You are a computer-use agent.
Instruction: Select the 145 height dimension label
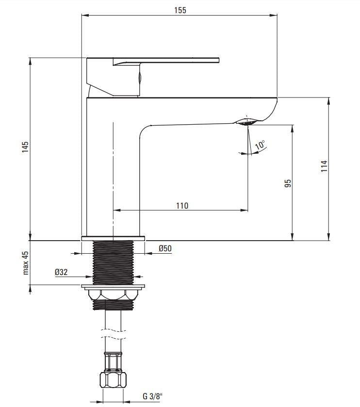click(x=25, y=147)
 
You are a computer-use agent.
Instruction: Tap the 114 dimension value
click(x=324, y=166)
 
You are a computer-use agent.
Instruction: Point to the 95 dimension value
click(x=287, y=183)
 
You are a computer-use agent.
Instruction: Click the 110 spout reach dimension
click(x=181, y=205)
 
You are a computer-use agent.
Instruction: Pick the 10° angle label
click(x=261, y=145)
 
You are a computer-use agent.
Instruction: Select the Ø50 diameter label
click(x=165, y=249)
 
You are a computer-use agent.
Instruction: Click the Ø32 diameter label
click(x=61, y=273)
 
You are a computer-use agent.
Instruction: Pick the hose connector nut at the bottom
click(x=113, y=379)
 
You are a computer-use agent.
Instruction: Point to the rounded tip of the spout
click(x=272, y=109)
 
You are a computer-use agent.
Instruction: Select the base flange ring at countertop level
click(x=113, y=238)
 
